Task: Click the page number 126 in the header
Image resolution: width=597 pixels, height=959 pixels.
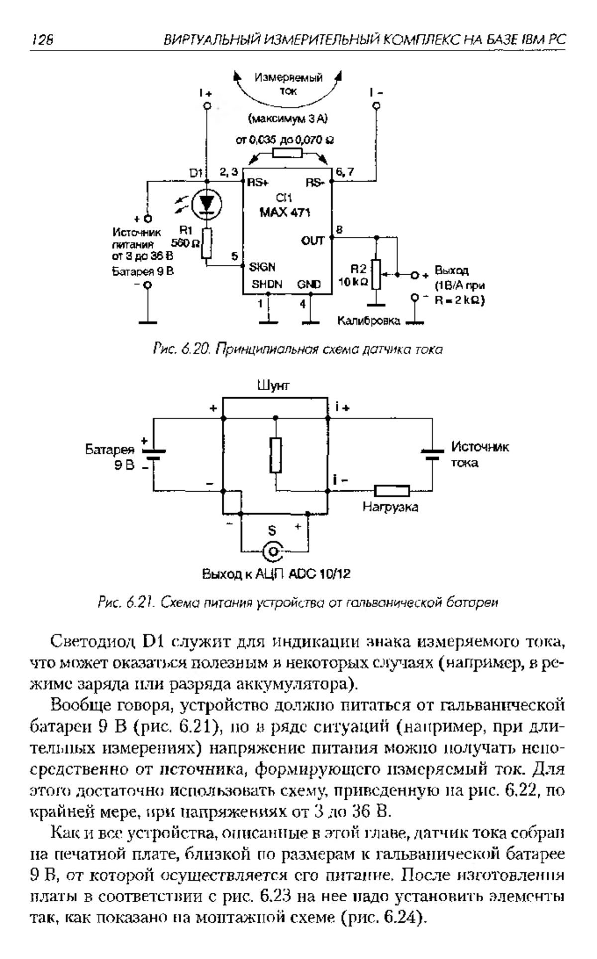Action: [42, 39]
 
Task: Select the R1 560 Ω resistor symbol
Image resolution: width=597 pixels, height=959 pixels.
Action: [207, 243]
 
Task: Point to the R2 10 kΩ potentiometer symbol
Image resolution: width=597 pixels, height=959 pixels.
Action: [377, 274]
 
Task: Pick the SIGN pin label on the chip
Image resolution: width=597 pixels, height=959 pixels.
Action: [262, 267]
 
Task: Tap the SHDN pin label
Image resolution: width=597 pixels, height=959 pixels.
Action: [267, 285]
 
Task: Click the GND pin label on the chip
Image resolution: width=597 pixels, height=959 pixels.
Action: [309, 285]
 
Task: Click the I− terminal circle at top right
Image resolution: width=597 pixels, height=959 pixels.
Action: [377, 106]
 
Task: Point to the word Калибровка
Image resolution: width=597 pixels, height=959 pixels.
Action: [369, 321]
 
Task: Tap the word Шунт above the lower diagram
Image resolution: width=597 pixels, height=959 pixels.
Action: [273, 385]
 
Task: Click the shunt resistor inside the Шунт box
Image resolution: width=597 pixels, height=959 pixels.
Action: [276, 455]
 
